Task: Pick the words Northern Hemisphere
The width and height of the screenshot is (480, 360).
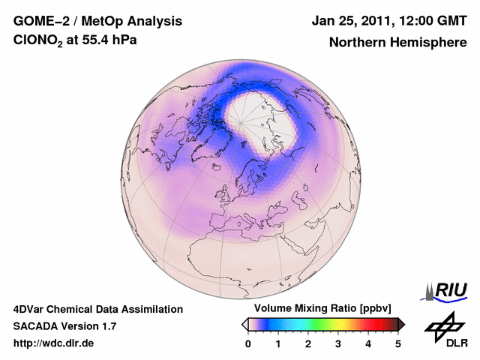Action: click(397, 42)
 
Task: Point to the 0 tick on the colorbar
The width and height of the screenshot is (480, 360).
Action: click(248, 343)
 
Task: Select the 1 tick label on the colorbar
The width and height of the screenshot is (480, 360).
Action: click(278, 343)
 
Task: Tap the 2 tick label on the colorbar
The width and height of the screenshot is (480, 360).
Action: click(308, 343)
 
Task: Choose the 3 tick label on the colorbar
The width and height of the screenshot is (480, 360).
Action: click(338, 343)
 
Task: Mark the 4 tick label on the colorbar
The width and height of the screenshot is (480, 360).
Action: click(368, 343)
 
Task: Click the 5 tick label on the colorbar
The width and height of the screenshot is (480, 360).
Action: click(398, 343)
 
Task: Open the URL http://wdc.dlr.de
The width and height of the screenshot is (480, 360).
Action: click(54, 343)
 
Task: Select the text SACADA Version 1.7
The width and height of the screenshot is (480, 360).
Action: click(64, 326)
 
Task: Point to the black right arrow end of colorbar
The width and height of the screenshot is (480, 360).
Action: click(401, 324)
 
